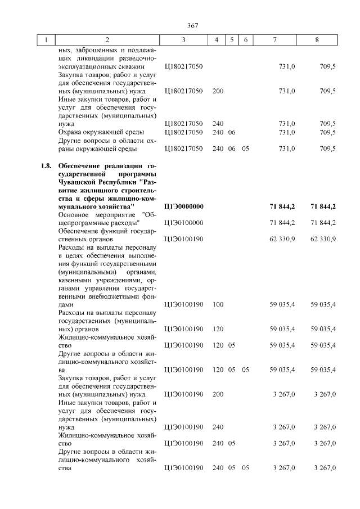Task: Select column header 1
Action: tap(46, 40)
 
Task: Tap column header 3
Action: tap(183, 40)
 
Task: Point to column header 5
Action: tap(232, 40)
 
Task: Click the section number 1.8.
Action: tap(46, 166)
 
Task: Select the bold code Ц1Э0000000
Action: tap(184, 206)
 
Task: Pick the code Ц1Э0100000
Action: tap(183, 223)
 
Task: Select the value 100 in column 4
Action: tap(218, 304)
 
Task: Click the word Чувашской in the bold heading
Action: tap(79, 182)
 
